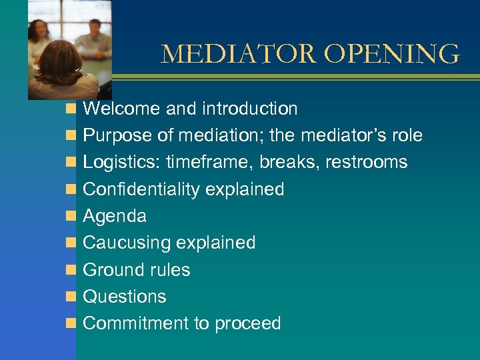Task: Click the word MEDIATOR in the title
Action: tap(234, 54)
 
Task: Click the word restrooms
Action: tap(367, 163)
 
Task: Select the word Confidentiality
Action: tap(141, 189)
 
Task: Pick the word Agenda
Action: tap(115, 217)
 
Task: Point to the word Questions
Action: tap(125, 297)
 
